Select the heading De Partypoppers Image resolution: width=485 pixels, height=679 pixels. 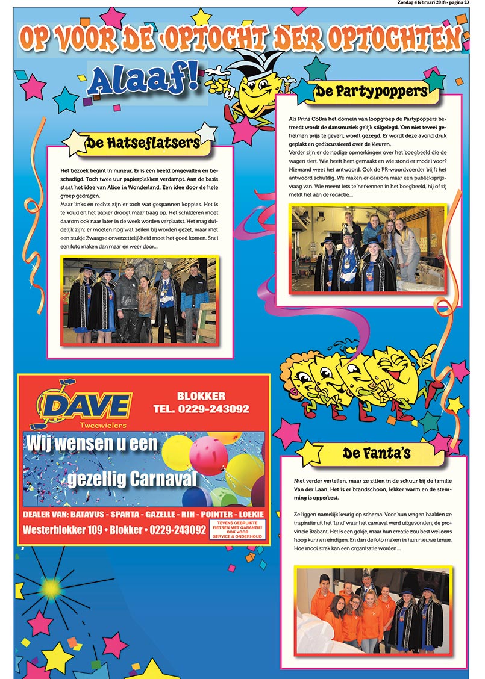(371, 92)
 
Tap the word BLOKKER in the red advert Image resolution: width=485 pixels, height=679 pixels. (201, 396)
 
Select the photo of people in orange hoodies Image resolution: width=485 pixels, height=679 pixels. (373, 610)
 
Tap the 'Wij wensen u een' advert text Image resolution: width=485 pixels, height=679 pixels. (92, 445)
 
